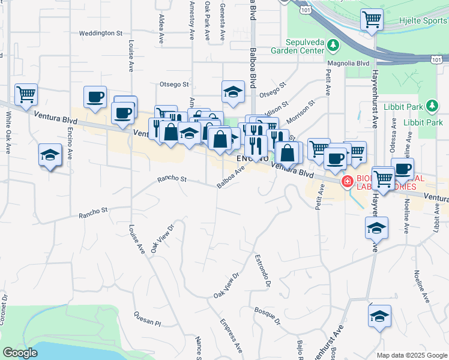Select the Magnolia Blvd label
click(348, 62)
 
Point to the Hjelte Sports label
click(424, 20)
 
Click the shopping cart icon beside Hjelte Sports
click(372, 20)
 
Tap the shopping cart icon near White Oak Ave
click(26, 94)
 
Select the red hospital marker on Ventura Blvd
click(347, 181)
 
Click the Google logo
click(20, 353)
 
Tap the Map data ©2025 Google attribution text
click(412, 355)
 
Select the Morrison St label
click(301, 110)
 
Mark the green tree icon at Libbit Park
click(431, 107)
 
